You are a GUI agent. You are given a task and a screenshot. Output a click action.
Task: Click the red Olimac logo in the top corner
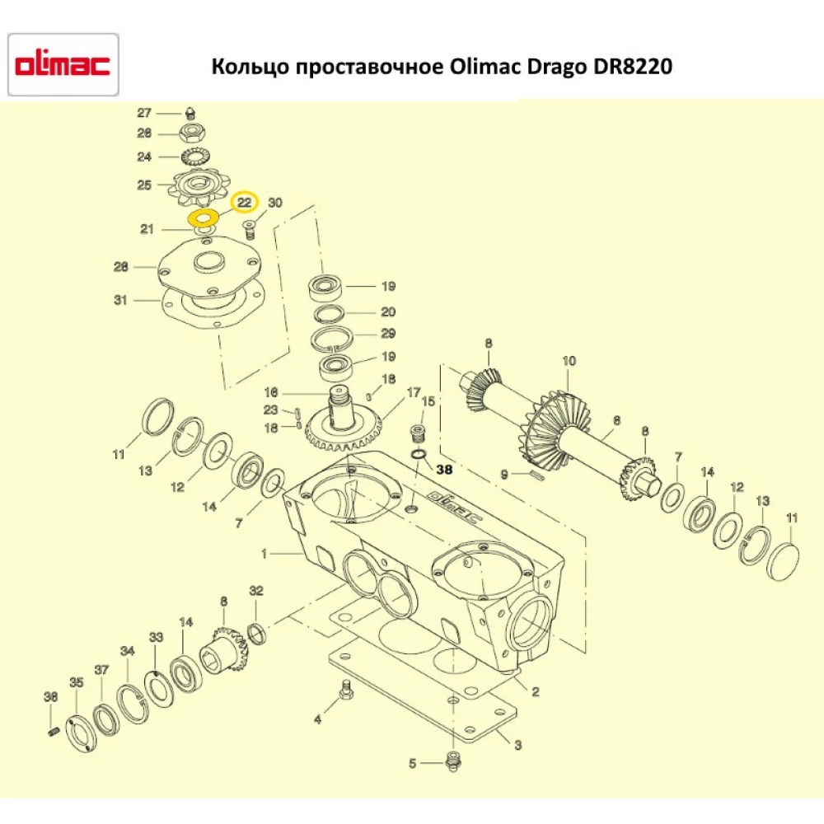63,65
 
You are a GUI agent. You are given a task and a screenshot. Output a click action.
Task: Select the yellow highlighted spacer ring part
202,218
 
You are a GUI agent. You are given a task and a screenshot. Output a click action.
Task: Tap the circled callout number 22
244,202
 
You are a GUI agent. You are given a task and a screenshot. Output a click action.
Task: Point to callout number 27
144,113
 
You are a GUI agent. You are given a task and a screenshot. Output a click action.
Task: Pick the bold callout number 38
445,469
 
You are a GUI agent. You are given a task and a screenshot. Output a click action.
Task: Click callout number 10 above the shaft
569,361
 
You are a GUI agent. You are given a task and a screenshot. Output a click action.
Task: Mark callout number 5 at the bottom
413,764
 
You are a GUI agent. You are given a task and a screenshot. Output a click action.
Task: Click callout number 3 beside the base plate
517,746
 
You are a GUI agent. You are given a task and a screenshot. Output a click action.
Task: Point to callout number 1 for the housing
265,555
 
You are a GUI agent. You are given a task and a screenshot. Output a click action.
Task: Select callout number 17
414,391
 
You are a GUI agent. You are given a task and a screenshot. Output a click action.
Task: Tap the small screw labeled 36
54,731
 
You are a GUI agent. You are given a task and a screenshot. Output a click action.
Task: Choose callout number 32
256,591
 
